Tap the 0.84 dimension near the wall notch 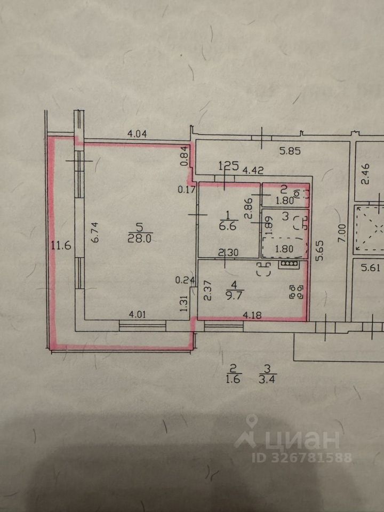(x=184, y=155)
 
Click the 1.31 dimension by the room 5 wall (x=184, y=303)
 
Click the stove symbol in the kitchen (x=289, y=263)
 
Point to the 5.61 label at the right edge (x=372, y=268)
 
